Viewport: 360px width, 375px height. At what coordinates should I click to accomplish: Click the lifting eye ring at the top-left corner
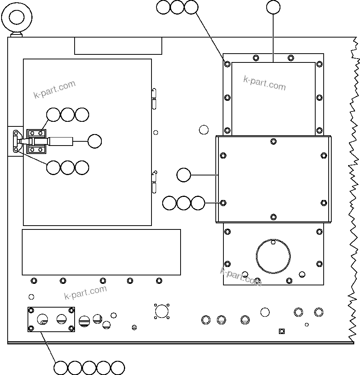point(16,17)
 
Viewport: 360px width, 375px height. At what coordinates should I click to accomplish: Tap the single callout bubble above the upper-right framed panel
point(273,7)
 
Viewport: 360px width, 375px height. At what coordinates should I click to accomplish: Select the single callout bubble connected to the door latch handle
point(94,141)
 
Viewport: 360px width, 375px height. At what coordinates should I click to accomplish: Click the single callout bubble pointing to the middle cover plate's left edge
point(184,175)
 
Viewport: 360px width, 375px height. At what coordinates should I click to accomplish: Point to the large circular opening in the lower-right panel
point(273,256)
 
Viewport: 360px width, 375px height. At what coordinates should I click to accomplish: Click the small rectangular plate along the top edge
point(118,46)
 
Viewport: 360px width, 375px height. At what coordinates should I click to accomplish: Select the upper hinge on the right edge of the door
point(154,98)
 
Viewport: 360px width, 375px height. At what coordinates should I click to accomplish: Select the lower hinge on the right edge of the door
point(154,182)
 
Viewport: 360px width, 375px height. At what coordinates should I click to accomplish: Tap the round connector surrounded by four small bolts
point(162,311)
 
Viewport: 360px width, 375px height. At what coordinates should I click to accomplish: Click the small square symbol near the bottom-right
point(282,331)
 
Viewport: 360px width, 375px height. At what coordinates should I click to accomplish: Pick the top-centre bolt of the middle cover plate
point(273,141)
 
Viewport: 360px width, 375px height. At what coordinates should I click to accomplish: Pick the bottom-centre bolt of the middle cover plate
point(273,217)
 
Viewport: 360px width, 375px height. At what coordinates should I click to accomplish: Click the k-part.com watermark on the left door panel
point(54,90)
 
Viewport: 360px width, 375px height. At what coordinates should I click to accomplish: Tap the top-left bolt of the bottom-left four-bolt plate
point(31,310)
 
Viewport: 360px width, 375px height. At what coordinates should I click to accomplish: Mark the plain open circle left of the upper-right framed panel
point(204,129)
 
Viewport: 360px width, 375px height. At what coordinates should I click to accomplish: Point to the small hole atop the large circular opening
point(273,242)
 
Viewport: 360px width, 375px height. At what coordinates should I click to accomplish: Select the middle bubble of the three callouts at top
point(177,7)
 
